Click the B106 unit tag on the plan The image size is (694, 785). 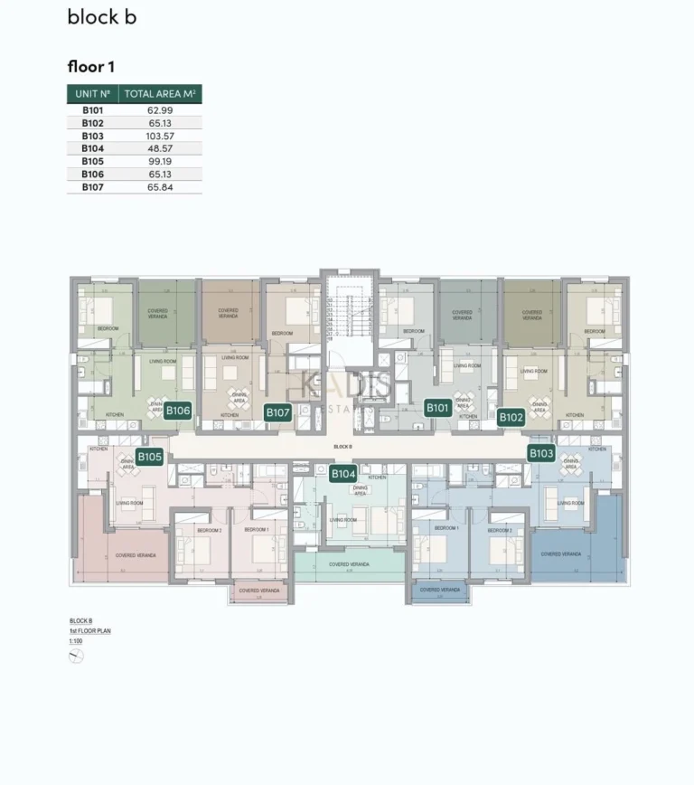pos(178,411)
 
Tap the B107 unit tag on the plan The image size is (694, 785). pos(277,412)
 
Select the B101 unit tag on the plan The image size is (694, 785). pos(437,408)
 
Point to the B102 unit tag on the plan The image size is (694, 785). pos(511,417)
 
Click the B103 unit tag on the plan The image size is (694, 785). pos(541,453)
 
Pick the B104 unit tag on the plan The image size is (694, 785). pos(343,473)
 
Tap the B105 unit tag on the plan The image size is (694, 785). pos(149,457)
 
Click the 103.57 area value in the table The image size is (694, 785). pos(160,136)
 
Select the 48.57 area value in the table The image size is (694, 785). pos(160,148)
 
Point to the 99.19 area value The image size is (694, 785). pos(160,161)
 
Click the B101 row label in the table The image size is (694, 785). pos(92,109)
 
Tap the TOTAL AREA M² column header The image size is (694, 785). pos(160,93)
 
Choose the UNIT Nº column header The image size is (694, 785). pos(92,93)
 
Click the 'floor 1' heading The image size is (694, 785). pos(90,67)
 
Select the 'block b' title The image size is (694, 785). pos(101,17)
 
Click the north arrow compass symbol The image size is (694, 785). pos(76,657)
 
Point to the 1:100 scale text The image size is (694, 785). pos(76,639)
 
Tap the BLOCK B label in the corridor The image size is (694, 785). pos(342,447)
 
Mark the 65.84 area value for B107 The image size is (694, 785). pos(160,187)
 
